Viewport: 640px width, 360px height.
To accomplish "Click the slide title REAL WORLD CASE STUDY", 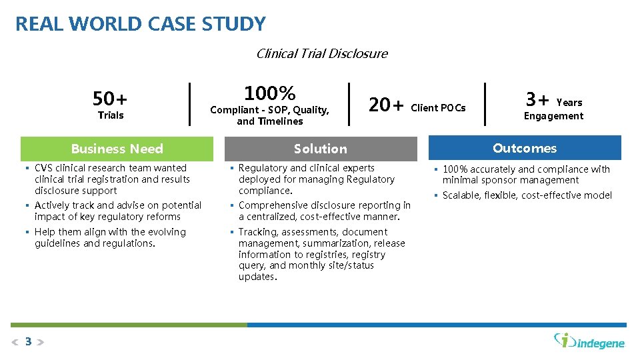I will coord(140,24).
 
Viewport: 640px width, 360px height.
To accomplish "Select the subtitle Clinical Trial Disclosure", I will coord(321,53).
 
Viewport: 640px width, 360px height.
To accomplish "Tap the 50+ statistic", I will coord(110,99).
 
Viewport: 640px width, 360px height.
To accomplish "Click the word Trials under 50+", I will coord(111,115).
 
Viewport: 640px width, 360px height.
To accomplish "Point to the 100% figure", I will coord(269,93).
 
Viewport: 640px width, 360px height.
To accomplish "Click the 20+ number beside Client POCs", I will coord(386,105).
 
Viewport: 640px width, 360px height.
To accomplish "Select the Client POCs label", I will coord(438,107).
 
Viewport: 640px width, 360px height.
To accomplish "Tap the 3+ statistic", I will coord(537,99).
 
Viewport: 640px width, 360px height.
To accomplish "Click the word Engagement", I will coord(553,116).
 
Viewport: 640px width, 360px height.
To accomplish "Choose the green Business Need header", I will coord(117,149).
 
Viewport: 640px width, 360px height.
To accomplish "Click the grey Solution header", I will coord(321,149).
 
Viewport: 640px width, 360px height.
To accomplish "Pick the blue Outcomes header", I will coord(525,148).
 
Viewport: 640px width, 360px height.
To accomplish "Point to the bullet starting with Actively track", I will coord(117,211).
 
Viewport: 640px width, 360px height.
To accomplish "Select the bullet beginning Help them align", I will coord(110,237).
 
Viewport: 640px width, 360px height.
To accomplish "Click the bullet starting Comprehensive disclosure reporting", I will coord(324,211).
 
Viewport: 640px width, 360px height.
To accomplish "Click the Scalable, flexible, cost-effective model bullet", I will coord(527,195).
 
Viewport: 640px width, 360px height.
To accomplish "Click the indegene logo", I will coord(590,341).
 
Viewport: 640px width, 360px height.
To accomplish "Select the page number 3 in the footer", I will coord(28,342).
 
